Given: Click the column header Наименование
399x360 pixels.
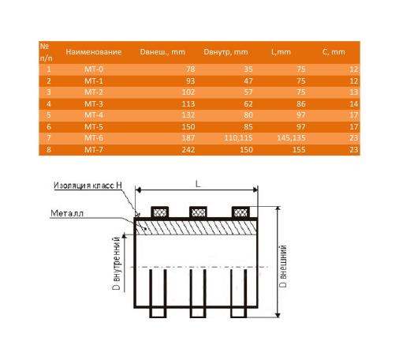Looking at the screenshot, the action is click(94, 52).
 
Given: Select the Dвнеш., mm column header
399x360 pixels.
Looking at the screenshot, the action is click(162, 52).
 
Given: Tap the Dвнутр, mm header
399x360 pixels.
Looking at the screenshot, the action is click(226, 52).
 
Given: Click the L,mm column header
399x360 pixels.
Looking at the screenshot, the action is click(281, 52).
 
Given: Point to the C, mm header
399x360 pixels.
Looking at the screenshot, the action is click(334, 52).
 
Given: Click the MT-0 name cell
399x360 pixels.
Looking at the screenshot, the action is click(94, 69).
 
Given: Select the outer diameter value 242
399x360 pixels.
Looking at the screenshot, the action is click(188, 149).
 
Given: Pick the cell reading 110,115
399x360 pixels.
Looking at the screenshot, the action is click(238, 138).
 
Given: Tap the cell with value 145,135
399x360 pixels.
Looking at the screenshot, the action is click(291, 138).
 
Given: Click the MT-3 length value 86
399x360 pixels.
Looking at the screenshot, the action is click(301, 103).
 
